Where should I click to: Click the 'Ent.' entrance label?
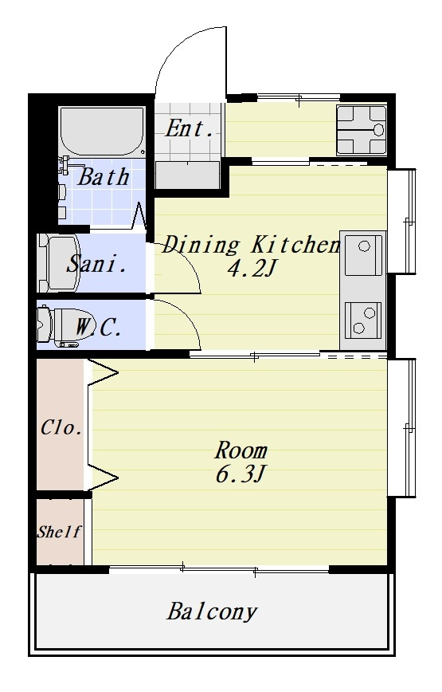coord(190,129)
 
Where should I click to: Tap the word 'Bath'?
coord(104,177)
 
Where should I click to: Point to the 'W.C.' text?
coord(98,328)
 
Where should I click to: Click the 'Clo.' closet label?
coord(61,427)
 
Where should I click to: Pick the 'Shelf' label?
coord(59,532)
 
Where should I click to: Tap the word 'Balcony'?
coord(212,612)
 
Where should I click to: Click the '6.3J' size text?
coord(241,474)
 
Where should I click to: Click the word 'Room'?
coord(241,450)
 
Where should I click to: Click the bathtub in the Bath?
coord(102,130)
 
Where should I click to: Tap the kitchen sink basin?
coord(364,255)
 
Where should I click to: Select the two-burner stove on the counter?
coord(363,320)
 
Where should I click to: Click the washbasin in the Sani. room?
coord(58,263)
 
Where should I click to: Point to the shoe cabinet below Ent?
coord(187,175)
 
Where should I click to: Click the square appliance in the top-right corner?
coord(362,130)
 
